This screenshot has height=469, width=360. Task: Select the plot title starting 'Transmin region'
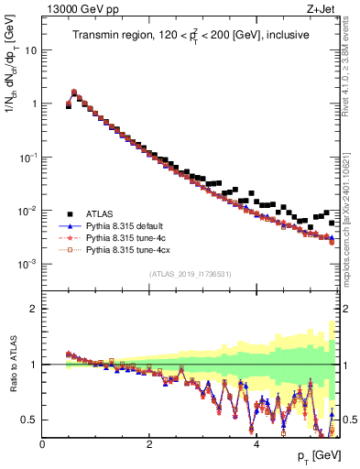click(x=190, y=35)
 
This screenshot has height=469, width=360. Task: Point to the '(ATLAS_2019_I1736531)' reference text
click(x=190, y=275)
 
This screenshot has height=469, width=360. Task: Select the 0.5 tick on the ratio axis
click(x=30, y=420)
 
